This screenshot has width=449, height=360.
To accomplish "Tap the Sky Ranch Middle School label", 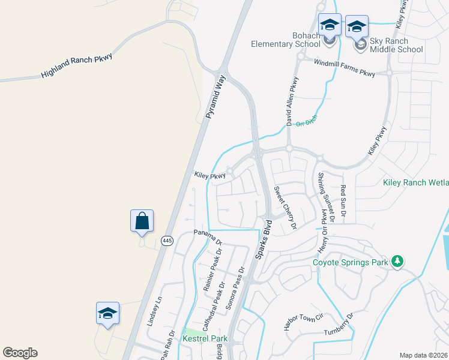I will click(396, 45).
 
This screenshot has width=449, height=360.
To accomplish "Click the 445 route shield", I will click(167, 241).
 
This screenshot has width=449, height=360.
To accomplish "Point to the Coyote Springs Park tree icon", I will click(396, 261).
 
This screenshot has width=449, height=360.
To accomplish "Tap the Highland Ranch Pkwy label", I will click(76, 65).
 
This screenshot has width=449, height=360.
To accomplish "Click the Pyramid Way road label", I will click(215, 96).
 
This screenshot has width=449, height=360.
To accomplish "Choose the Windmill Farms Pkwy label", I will click(345, 68).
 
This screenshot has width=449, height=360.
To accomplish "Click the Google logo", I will click(20, 353).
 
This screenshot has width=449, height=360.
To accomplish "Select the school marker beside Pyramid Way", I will click(108, 313).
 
